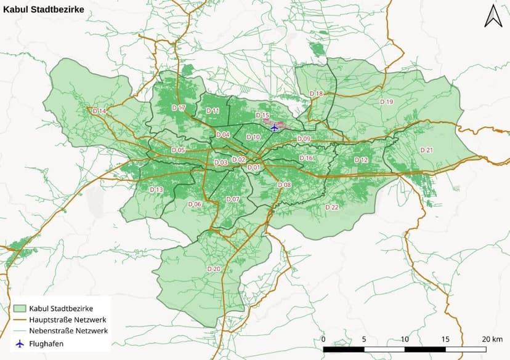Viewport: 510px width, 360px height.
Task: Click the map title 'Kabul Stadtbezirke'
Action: pyautogui.click(x=44, y=10)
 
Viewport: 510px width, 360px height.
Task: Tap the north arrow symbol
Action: pyautogui.click(x=493, y=16)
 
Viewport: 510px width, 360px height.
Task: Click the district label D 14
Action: pyautogui.click(x=99, y=111)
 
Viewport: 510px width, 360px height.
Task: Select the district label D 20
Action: pyautogui.click(x=214, y=269)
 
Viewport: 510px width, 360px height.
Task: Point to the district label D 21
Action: pyautogui.click(x=427, y=150)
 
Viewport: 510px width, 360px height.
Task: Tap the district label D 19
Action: pyautogui.click(x=386, y=102)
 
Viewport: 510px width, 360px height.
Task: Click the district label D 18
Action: pyautogui.click(x=316, y=94)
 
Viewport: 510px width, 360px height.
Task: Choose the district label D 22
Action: pyautogui.click(x=331, y=207)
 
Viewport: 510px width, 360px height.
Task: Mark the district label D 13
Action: pyautogui.click(x=156, y=190)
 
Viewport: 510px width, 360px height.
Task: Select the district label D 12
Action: pyautogui.click(x=361, y=160)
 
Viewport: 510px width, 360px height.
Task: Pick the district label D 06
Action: pyautogui.click(x=195, y=204)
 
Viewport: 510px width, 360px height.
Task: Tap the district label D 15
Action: pyautogui.click(x=262, y=116)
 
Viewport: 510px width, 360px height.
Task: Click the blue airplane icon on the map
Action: pyautogui.click(x=274, y=127)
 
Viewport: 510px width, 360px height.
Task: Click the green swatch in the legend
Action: pyautogui.click(x=19, y=308)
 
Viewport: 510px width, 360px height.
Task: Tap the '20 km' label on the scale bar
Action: pyautogui.click(x=492, y=339)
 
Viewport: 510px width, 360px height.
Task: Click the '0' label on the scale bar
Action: pyautogui.click(x=324, y=339)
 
